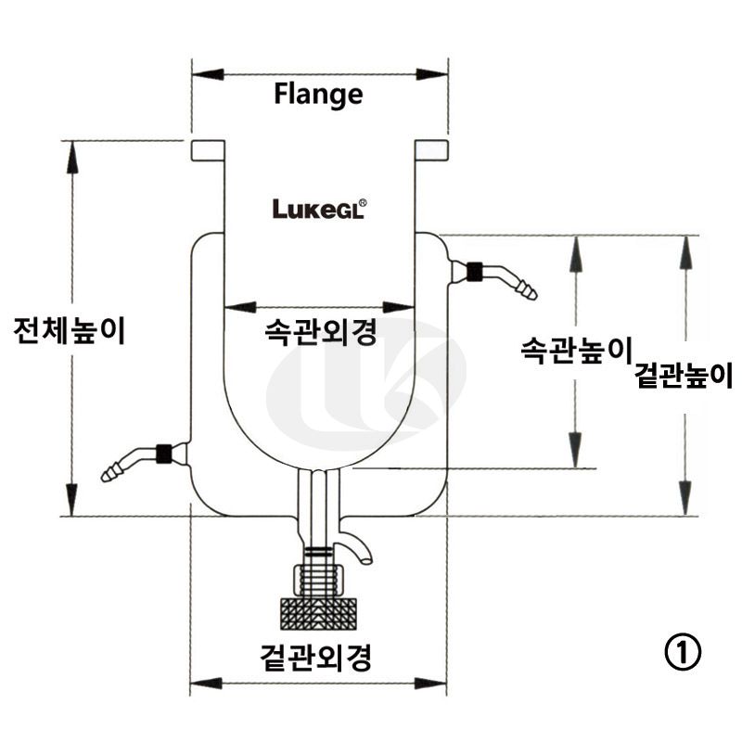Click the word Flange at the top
tap(318, 94)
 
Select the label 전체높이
tap(69, 331)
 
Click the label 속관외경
tap(320, 332)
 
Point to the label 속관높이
tap(575, 350)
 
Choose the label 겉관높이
tap(684, 376)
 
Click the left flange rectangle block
tap(208, 150)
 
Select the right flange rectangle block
tap(431, 150)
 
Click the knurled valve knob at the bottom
tap(319, 612)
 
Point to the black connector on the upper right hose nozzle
tap(475, 272)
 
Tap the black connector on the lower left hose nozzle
tap(164, 454)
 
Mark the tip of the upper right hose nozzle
tap(531, 293)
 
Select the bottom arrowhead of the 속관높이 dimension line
tap(577, 458)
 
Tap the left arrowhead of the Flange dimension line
tap(200, 71)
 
